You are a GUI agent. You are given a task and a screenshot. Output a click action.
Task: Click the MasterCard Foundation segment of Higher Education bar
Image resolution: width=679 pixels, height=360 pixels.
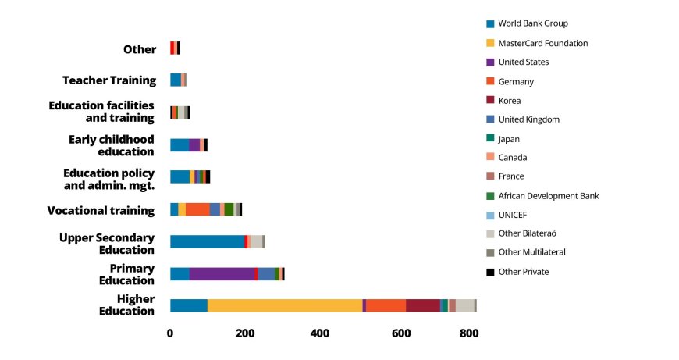click(x=285, y=305)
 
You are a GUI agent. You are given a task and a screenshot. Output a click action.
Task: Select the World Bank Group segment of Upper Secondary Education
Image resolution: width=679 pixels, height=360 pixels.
click(x=207, y=241)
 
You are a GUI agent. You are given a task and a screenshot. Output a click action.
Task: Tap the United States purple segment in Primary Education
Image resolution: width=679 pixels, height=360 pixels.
click(x=222, y=273)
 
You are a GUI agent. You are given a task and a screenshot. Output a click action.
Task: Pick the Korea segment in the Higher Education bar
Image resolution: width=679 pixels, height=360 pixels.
click(x=423, y=305)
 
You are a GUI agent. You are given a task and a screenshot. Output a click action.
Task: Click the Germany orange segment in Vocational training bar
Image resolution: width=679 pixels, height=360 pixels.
click(x=197, y=209)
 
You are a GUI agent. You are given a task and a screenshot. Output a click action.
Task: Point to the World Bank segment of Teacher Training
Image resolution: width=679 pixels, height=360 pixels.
click(x=176, y=80)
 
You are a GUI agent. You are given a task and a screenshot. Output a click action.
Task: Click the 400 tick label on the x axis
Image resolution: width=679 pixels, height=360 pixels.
click(x=320, y=334)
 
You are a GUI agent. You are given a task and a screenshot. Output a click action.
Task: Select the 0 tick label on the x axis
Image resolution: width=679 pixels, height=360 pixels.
click(x=170, y=334)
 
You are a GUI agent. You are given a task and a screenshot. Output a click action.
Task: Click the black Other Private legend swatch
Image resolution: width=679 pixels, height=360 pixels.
click(x=490, y=272)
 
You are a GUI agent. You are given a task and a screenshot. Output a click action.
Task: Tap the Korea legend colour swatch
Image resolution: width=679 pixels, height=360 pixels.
click(x=490, y=100)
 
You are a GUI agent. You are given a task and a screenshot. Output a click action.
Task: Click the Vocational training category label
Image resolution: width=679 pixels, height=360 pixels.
click(x=101, y=210)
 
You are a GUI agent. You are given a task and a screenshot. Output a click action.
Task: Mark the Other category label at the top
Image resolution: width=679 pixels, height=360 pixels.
click(x=140, y=49)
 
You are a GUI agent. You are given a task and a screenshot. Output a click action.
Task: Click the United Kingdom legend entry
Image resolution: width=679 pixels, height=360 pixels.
click(x=528, y=119)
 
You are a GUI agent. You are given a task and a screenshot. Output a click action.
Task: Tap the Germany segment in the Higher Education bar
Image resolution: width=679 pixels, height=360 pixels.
click(x=386, y=305)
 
